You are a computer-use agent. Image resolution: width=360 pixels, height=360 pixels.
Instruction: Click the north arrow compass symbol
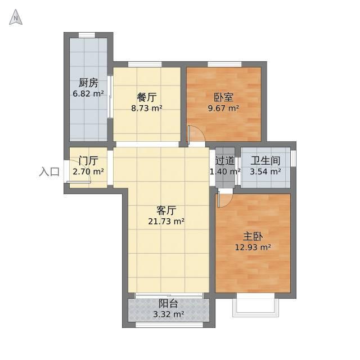tap(16, 17)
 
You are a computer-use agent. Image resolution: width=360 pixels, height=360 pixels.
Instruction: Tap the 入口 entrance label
tap(49, 172)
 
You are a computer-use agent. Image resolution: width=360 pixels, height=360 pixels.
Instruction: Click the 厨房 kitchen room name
tap(88, 83)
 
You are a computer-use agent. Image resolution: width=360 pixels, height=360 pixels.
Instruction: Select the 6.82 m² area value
tap(88, 93)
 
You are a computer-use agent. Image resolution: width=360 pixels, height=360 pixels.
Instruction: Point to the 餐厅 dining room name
tap(147, 97)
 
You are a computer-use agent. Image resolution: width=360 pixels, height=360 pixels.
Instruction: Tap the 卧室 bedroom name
tap(224, 97)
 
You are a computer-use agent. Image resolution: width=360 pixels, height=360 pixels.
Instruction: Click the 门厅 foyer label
tap(88, 161)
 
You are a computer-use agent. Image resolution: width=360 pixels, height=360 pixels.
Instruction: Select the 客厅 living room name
tap(166, 210)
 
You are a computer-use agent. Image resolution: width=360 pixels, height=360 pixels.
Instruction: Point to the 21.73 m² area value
tap(166, 221)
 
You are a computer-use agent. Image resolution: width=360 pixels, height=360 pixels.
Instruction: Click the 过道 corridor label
tap(225, 161)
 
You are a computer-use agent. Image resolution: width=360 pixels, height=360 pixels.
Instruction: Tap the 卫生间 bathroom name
tap(265, 161)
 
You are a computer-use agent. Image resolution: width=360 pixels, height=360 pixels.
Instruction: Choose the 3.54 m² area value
tap(265, 171)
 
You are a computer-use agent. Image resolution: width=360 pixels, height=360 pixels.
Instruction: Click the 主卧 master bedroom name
tap(253, 236)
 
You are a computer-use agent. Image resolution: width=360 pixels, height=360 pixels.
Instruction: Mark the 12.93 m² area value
tap(253, 247)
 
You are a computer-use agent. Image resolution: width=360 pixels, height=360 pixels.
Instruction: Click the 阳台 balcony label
tap(169, 304)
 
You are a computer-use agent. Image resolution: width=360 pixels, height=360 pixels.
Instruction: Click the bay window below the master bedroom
tap(256, 305)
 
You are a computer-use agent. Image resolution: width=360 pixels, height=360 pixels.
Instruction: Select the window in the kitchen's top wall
tap(87, 35)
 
